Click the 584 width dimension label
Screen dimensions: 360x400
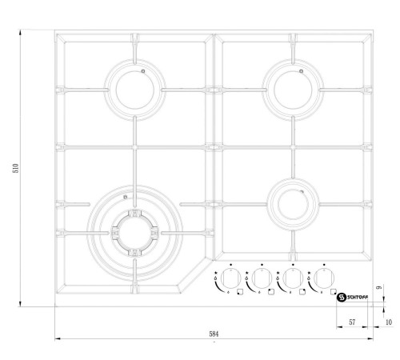(213, 332)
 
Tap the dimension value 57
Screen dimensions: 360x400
(352, 321)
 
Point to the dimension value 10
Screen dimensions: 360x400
(389, 321)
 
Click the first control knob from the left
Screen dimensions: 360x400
(230, 279)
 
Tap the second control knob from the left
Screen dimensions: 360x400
(262, 279)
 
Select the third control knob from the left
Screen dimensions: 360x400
(293, 279)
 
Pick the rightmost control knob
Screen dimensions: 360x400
(323, 279)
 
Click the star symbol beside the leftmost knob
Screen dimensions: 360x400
(217, 274)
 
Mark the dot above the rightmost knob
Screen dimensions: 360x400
(324, 265)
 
